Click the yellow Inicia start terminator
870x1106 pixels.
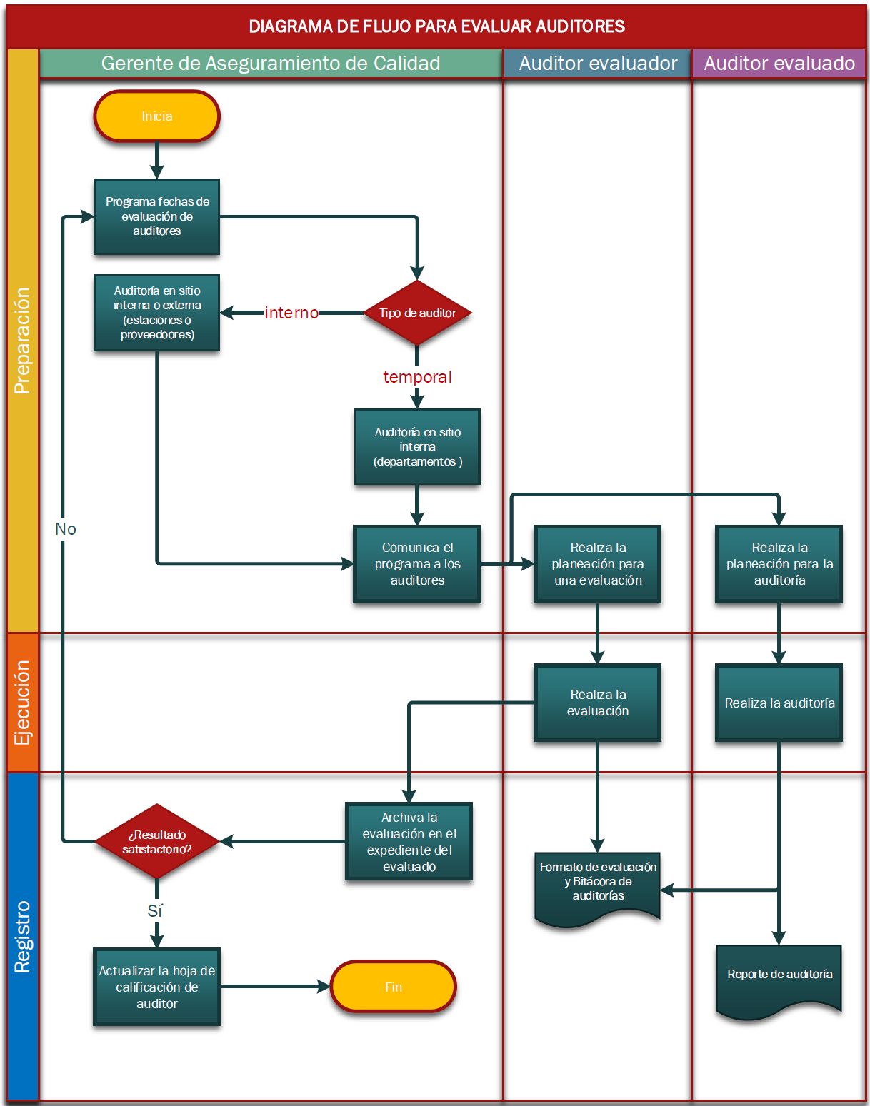pyautogui.click(x=156, y=116)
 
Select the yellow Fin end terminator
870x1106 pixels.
pyautogui.click(x=393, y=987)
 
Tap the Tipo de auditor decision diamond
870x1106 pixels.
pyautogui.click(x=417, y=313)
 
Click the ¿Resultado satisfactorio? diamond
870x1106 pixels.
pyautogui.click(x=156, y=842)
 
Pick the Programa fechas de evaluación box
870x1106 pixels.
pyautogui.click(x=156, y=216)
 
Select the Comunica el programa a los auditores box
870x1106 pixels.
pyautogui.click(x=417, y=564)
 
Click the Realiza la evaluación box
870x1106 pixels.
pyautogui.click(x=597, y=703)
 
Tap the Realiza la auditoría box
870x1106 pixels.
pyautogui.click(x=779, y=703)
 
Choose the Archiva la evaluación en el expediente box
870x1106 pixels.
pyautogui.click(x=409, y=842)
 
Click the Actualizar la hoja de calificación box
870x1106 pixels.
pyautogui.click(x=156, y=987)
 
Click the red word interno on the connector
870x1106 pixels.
pyautogui.click(x=291, y=313)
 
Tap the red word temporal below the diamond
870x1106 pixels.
pyautogui.click(x=417, y=377)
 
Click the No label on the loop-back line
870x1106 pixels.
pyautogui.click(x=65, y=529)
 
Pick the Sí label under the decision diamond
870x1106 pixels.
pyautogui.click(x=155, y=911)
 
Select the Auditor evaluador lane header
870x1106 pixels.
pyautogui.click(x=598, y=64)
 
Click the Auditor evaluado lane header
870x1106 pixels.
pyautogui.click(x=779, y=64)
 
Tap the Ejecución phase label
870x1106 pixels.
pyautogui.click(x=23, y=703)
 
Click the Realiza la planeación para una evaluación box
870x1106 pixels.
pyautogui.click(x=597, y=564)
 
